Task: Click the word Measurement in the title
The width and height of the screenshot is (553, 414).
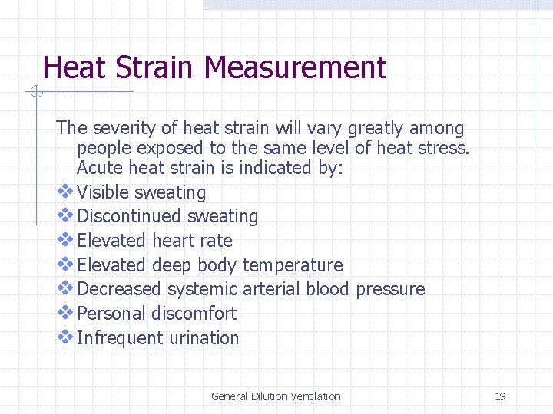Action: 295,67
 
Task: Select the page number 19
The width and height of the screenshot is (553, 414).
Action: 500,396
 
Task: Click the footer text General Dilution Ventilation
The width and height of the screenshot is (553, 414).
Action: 276,396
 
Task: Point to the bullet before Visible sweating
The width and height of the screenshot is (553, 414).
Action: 66,192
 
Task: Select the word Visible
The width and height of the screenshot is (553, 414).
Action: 104,192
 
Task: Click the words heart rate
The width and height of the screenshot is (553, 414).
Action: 192,241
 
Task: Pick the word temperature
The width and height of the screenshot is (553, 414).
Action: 293,265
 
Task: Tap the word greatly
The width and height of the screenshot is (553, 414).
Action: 377,128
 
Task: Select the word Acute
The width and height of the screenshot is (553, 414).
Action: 100,168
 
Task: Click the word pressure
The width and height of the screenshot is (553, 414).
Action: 389,289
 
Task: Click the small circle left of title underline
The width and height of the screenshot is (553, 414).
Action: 35,93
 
